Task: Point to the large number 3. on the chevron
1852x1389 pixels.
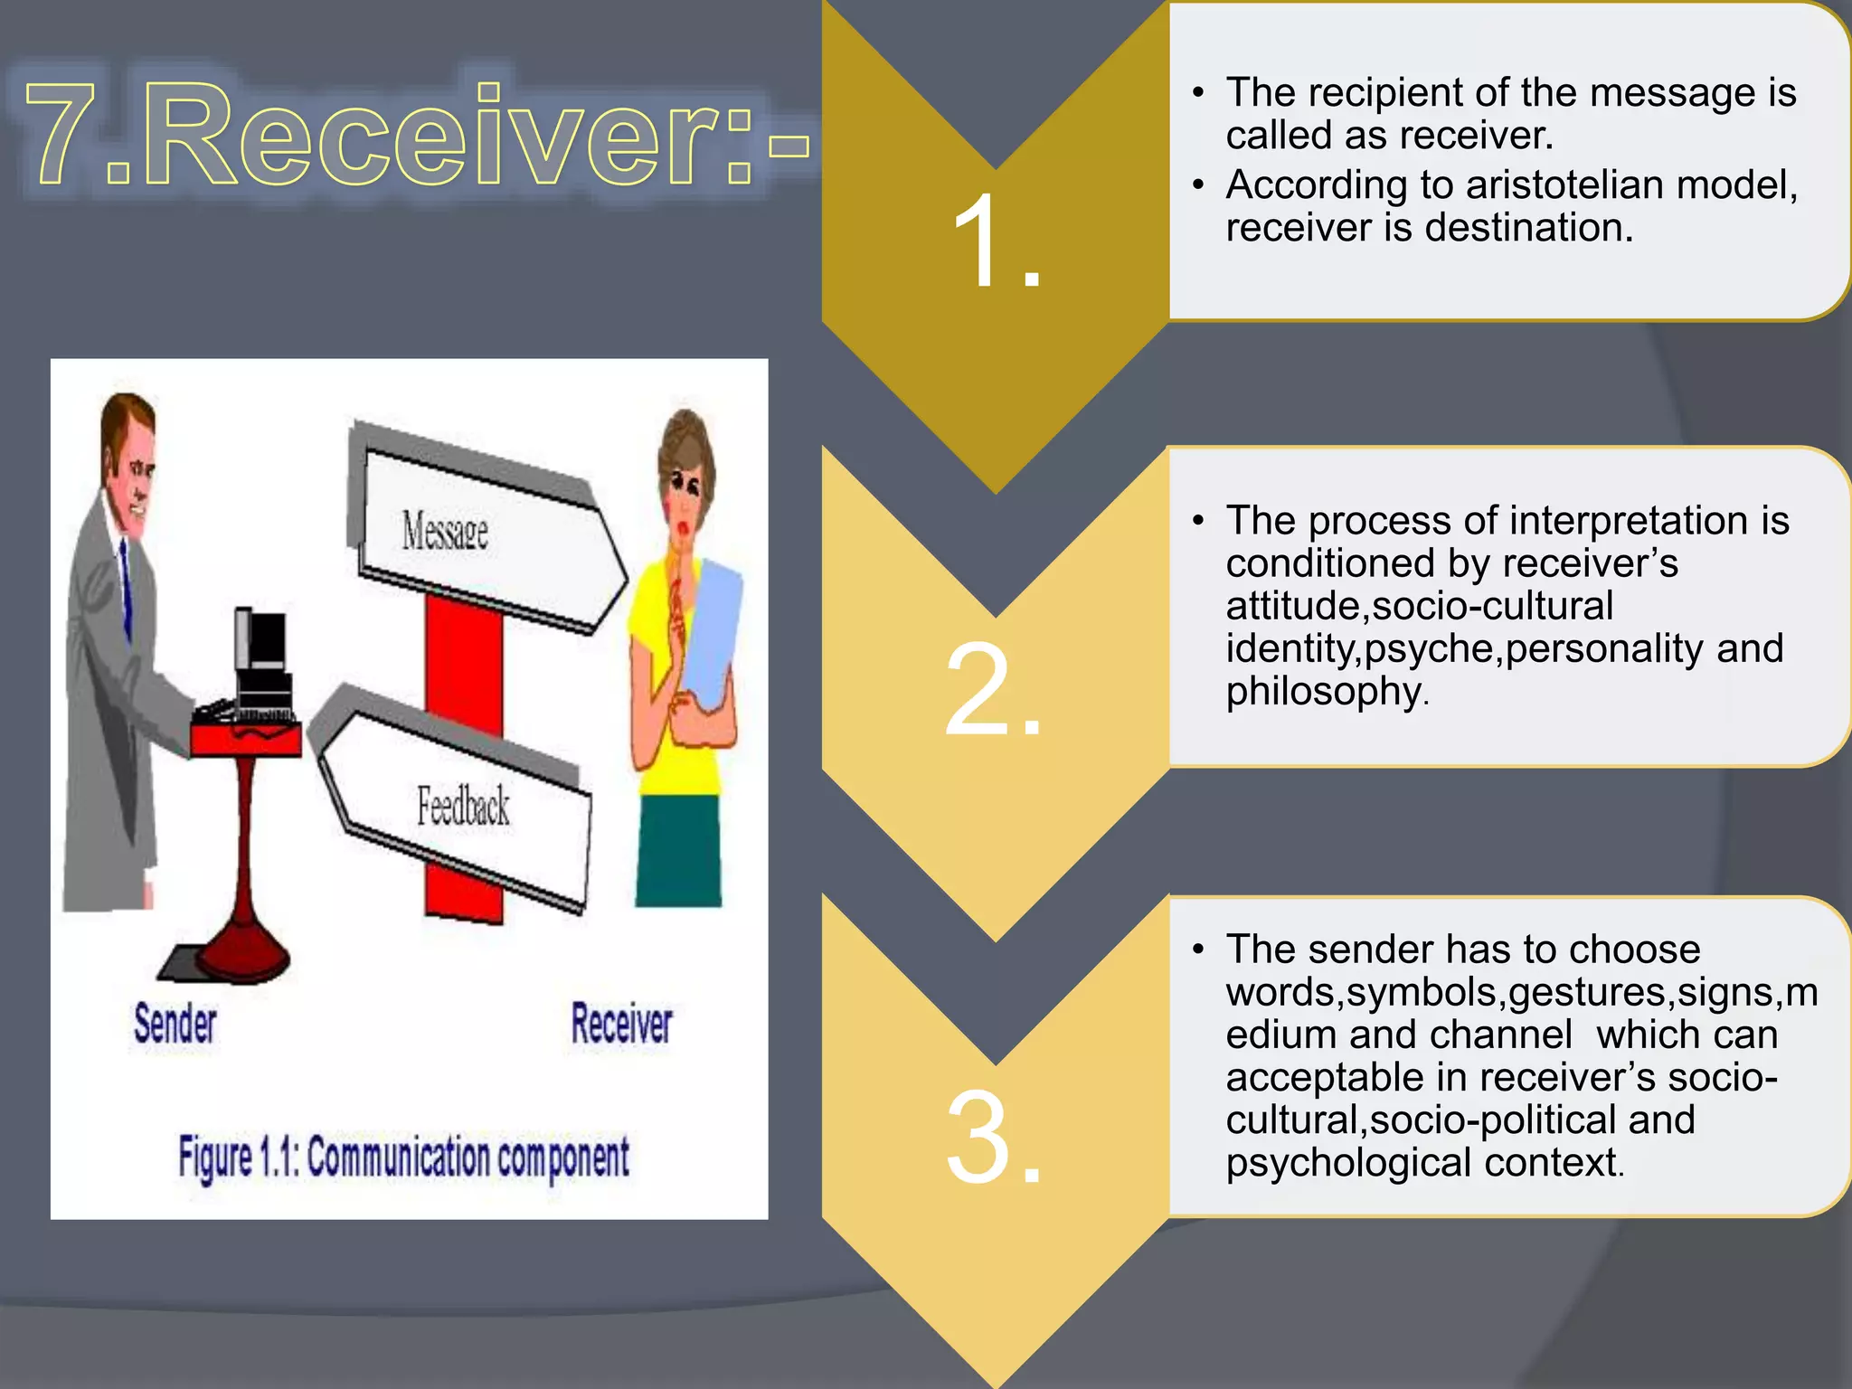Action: click(994, 1137)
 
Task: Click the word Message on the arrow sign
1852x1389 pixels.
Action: click(445, 531)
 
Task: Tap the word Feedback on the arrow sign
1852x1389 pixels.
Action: click(463, 806)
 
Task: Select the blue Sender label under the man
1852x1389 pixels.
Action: click(175, 1024)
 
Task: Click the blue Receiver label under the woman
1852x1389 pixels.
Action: click(621, 1024)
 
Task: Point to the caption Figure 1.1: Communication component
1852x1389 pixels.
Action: click(403, 1158)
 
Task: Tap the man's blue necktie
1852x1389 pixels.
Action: click(127, 588)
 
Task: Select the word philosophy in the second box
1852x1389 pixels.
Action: click(1325, 692)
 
